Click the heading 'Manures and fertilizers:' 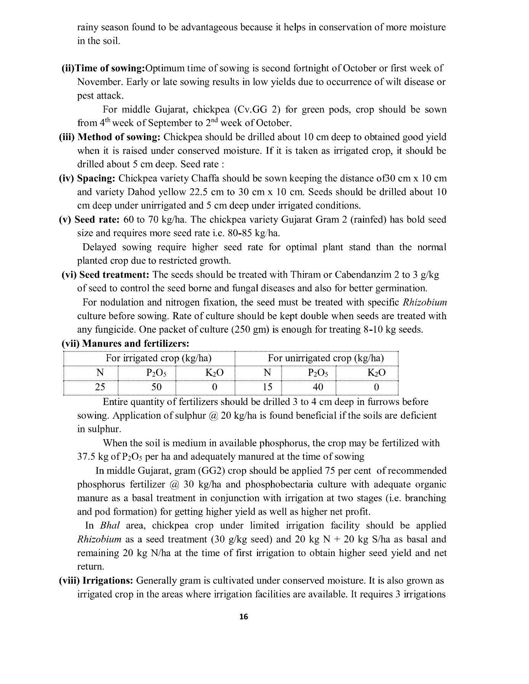click(x=136, y=343)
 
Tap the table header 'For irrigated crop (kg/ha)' click(x=158, y=358)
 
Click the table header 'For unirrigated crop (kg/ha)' click(x=326, y=358)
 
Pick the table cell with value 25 click(x=100, y=387)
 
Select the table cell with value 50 click(x=157, y=387)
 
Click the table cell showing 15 click(x=267, y=387)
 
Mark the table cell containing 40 click(x=318, y=387)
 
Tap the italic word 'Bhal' click(x=110, y=526)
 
